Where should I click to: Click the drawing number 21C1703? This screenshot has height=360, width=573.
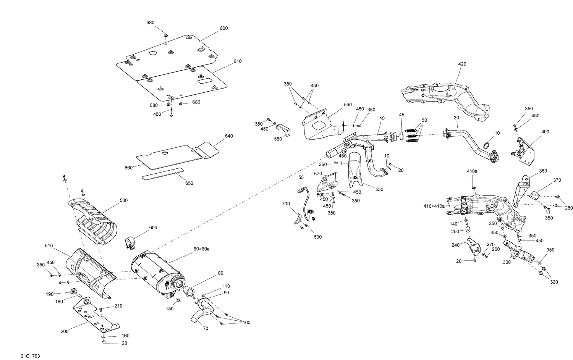31,356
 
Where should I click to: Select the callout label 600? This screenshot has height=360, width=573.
223,28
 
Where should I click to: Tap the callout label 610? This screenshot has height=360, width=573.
237,61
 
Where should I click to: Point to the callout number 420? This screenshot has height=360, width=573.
462,64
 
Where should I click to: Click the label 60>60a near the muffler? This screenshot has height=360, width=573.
201,249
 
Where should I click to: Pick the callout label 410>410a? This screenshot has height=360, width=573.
434,206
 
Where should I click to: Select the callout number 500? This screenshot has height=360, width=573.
123,200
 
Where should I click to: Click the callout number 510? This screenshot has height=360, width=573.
49,246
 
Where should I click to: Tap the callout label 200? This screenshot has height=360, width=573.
64,331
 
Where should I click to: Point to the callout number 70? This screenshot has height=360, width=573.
205,328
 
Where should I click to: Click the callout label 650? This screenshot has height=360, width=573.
189,183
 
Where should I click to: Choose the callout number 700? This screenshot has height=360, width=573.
286,204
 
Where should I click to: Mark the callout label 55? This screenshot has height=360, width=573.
301,178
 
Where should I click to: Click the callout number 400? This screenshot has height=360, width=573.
545,132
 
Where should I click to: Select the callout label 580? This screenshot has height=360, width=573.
278,139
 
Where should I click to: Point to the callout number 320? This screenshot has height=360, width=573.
554,282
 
